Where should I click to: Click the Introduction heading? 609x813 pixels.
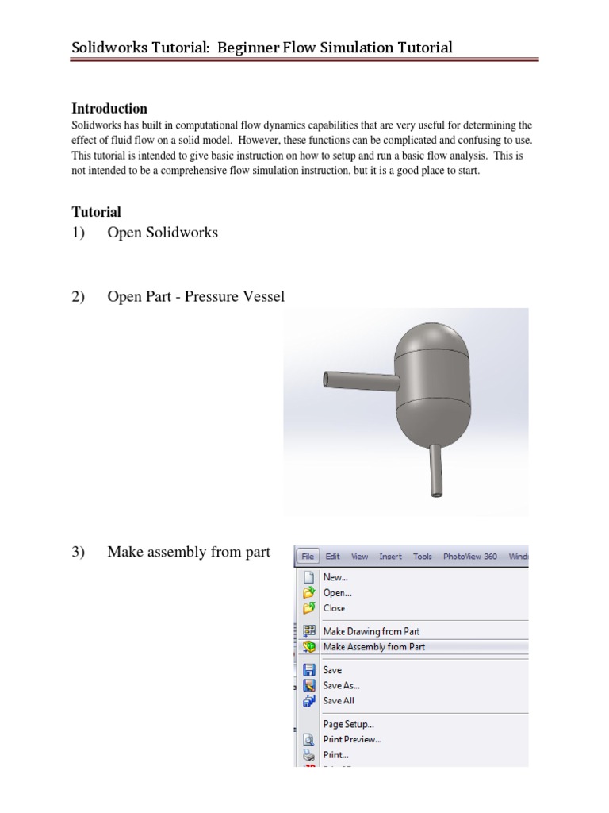tap(109, 109)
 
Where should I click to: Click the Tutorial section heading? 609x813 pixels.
tap(96, 212)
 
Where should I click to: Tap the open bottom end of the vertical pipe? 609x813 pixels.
tap(435, 492)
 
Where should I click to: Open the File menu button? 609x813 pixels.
tap(306, 557)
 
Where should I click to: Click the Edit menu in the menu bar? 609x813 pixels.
tap(333, 557)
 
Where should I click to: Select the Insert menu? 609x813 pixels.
tap(390, 557)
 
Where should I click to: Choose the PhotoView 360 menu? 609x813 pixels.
tap(470, 557)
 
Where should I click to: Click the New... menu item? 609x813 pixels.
tap(335, 578)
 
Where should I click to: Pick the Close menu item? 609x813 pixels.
tap(334, 608)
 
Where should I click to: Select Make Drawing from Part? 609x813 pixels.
tap(371, 631)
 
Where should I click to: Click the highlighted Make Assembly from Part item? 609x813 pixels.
tap(373, 647)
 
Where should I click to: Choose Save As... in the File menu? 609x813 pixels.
tap(337, 685)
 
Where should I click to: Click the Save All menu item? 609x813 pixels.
tap(339, 701)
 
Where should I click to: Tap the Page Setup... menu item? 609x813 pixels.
tap(348, 724)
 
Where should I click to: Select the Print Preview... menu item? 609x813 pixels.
tap(352, 739)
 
